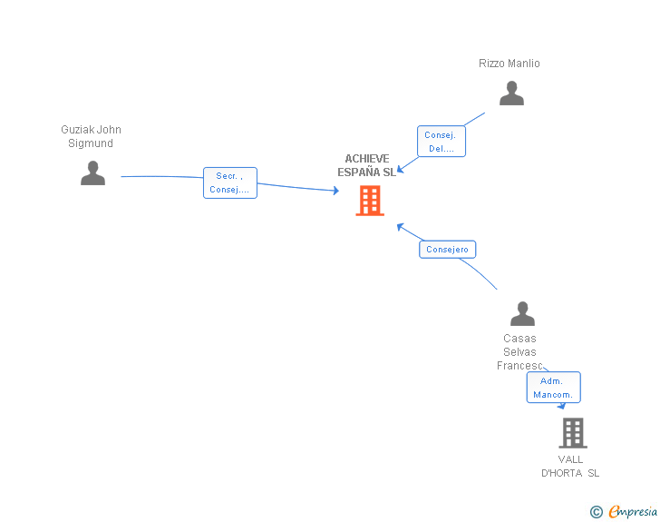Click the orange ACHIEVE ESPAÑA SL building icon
coord(370,201)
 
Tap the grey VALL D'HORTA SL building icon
coord(573,433)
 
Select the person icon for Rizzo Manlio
coord(511,93)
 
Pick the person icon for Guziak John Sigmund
coord(92,172)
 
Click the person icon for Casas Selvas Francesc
coord(522,314)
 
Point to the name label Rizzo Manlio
coord(510,64)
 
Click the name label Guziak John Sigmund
coord(91,136)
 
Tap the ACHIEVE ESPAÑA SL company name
coord(367,165)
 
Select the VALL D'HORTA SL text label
coord(570,467)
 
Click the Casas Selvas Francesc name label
coord(519,351)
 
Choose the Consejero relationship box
coord(448,249)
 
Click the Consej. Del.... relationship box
coord(442,142)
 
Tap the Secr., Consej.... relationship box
coord(230,182)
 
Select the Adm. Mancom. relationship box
coord(554,388)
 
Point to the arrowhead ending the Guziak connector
coord(335,191)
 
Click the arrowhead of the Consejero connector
coord(401,227)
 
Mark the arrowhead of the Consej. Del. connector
coord(401,169)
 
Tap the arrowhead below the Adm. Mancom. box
coord(561,406)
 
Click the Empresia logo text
coord(633,511)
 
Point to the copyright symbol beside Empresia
coord(597,512)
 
